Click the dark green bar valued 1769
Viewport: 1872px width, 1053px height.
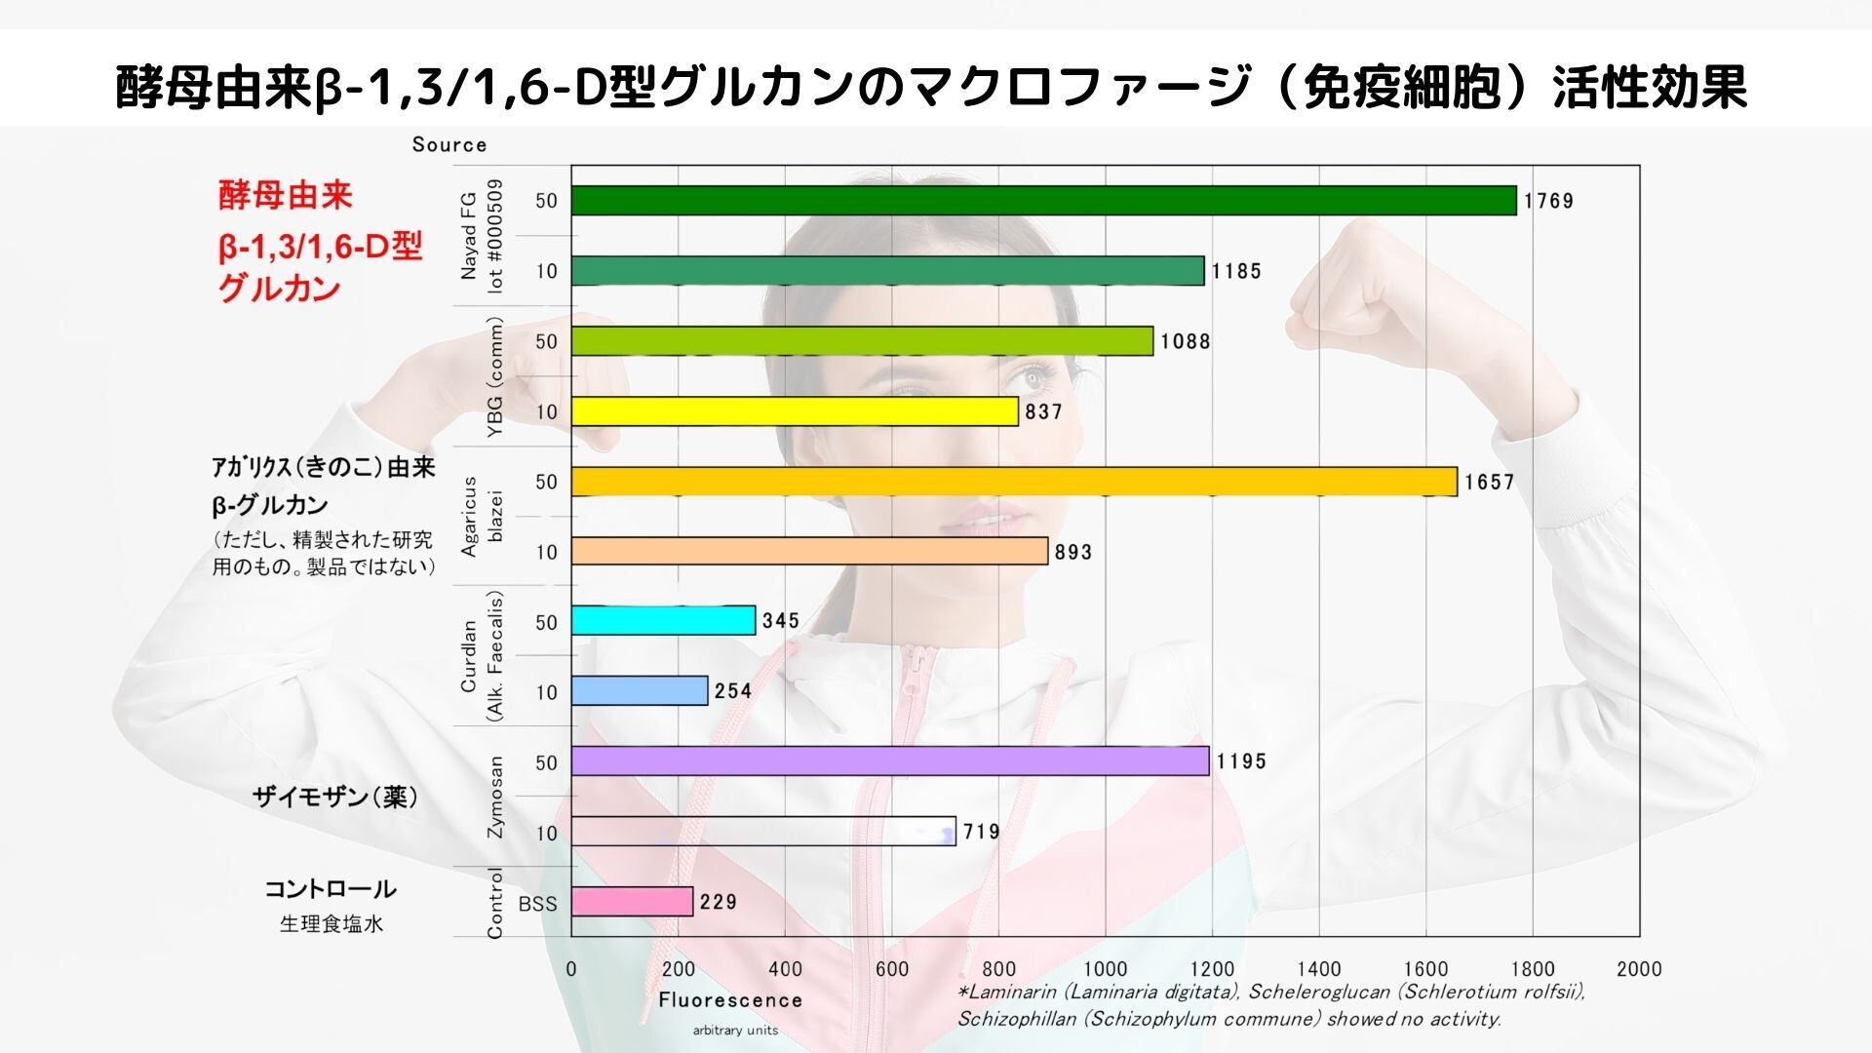click(1043, 200)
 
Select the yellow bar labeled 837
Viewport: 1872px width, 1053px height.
click(795, 411)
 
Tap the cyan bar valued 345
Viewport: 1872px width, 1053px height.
click(663, 620)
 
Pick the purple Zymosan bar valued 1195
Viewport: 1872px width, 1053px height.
click(889, 760)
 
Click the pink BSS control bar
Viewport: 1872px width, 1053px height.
click(632, 902)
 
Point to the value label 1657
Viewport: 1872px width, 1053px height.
click(1489, 482)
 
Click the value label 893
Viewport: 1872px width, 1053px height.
click(1073, 552)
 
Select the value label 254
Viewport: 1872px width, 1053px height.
click(733, 691)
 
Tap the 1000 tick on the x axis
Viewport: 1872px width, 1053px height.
click(1105, 969)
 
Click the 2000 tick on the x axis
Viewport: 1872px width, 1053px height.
click(1639, 969)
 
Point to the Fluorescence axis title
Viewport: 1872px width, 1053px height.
click(730, 1000)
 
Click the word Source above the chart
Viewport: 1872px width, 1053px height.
click(449, 145)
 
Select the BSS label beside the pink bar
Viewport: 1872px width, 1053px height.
click(537, 904)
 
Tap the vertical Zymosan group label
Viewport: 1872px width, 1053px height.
click(495, 797)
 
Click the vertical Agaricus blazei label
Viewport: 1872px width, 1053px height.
click(482, 517)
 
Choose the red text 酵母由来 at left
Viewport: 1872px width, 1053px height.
click(285, 196)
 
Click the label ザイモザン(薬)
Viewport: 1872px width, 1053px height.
click(335, 798)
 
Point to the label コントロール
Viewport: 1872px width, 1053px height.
click(331, 889)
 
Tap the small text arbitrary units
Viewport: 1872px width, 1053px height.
click(735, 1031)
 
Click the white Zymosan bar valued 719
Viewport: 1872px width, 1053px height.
click(762, 831)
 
